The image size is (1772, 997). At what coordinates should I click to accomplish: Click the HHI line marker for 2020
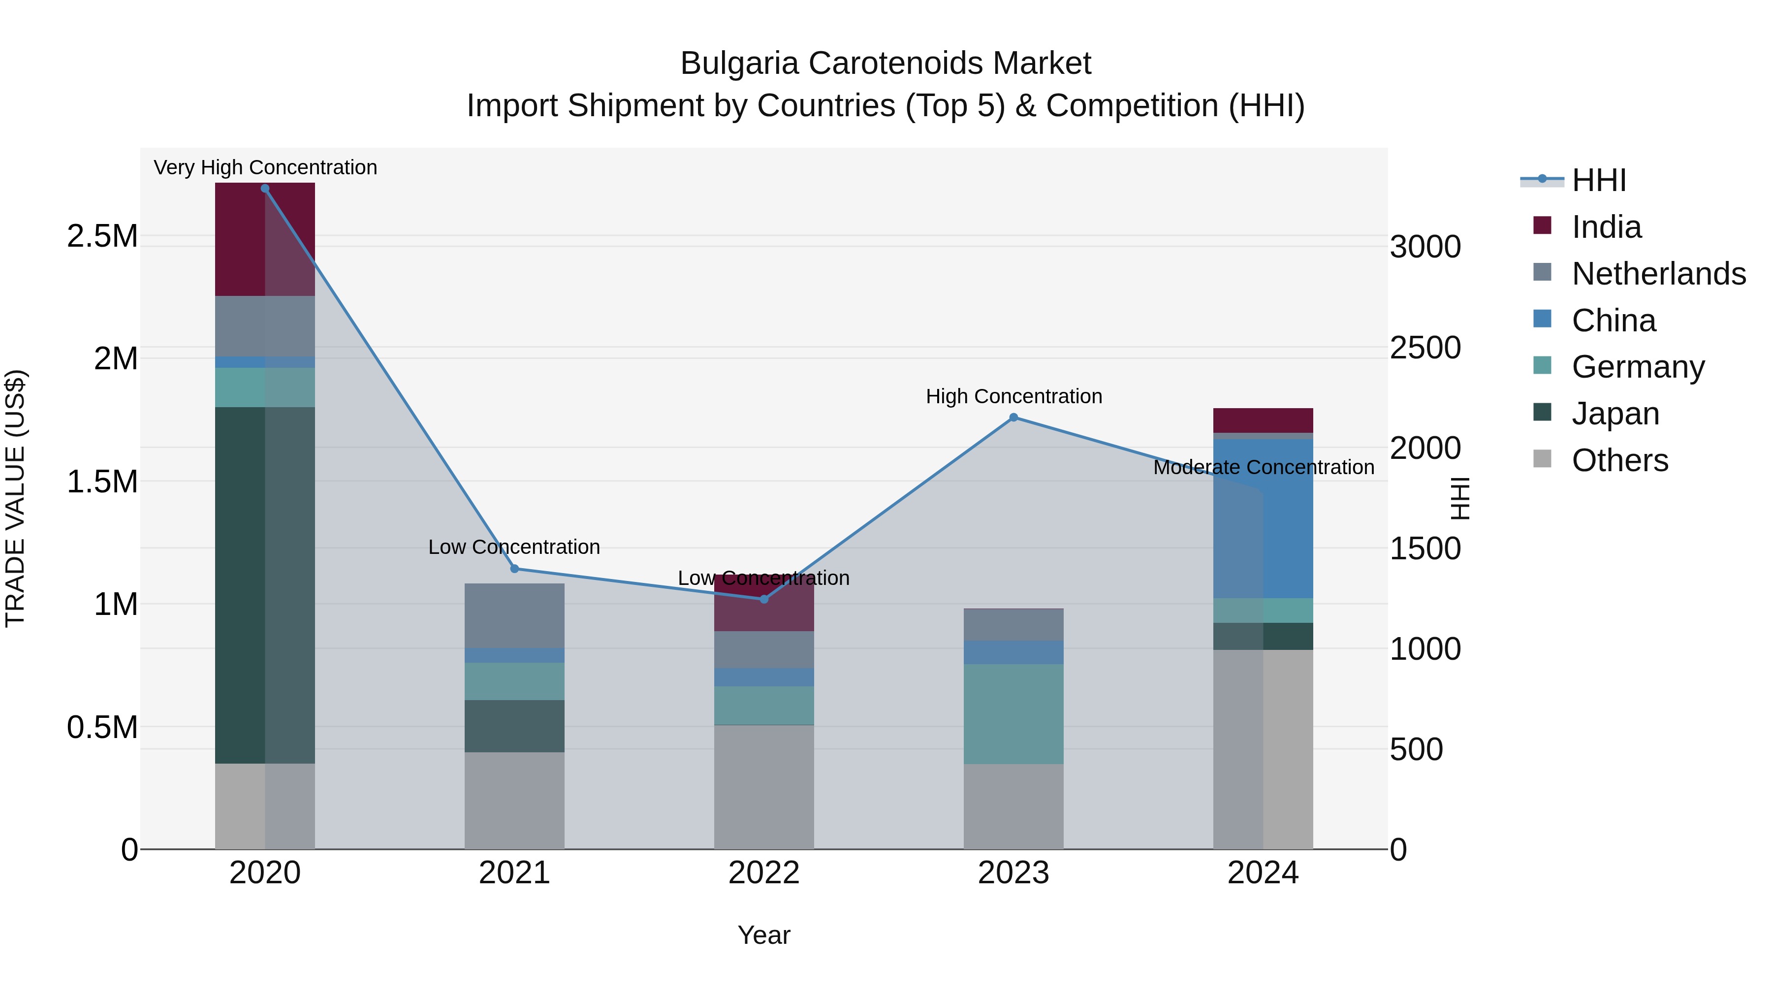point(265,189)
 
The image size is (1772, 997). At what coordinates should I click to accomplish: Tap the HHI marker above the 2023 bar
point(1013,418)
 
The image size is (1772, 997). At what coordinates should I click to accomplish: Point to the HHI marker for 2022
point(763,599)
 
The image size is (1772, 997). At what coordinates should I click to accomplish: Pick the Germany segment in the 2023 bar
point(1013,713)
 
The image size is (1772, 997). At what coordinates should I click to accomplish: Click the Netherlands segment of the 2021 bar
point(514,615)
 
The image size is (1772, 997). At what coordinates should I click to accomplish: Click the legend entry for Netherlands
point(1658,274)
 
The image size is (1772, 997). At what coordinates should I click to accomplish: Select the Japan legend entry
point(1614,414)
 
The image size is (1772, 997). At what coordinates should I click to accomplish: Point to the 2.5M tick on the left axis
point(102,236)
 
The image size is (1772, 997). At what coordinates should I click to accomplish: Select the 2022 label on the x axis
point(763,873)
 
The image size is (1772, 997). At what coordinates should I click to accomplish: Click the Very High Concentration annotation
point(265,167)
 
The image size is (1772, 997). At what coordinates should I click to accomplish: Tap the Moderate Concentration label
point(1263,467)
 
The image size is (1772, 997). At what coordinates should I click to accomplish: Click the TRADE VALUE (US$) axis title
point(15,498)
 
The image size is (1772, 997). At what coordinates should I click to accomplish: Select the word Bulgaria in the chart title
point(739,64)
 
